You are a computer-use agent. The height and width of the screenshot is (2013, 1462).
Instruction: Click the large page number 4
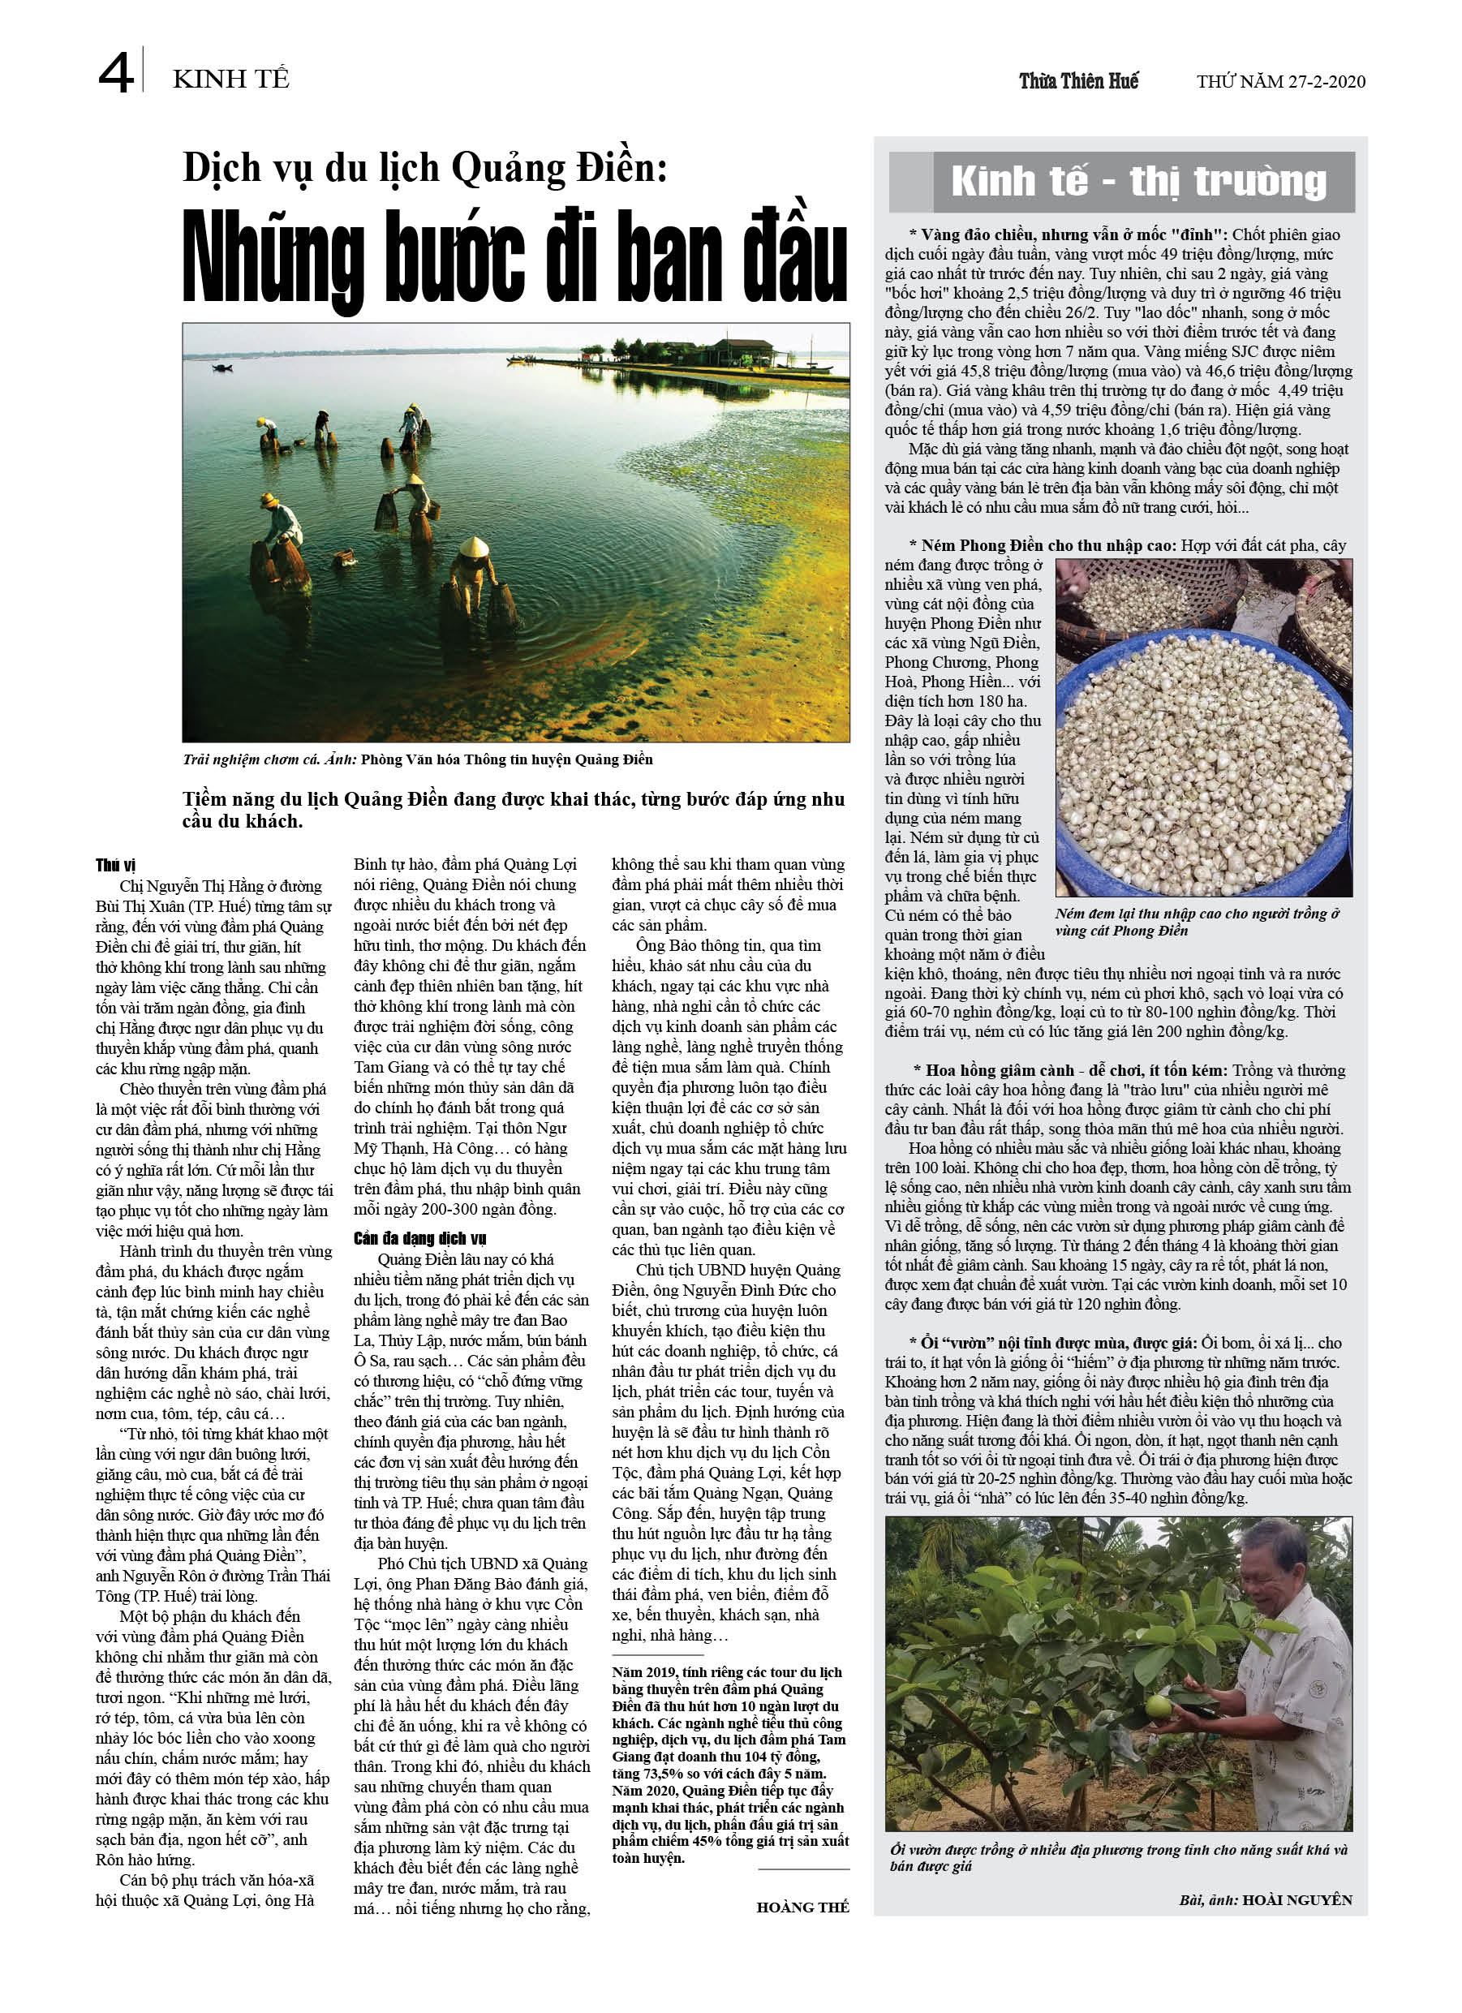pyautogui.click(x=115, y=73)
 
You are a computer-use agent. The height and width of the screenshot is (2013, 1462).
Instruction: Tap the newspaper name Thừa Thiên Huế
pyautogui.click(x=1077, y=82)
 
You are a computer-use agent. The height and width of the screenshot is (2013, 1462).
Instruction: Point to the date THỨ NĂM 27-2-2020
pyautogui.click(x=1280, y=82)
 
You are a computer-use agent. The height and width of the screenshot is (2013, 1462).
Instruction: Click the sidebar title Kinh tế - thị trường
pyautogui.click(x=1138, y=182)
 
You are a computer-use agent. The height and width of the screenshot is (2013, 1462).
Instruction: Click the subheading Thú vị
pyautogui.click(x=115, y=866)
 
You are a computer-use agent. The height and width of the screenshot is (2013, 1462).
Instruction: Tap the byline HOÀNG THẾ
pyautogui.click(x=802, y=1908)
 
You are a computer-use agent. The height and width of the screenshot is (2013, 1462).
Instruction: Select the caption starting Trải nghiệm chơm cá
pyautogui.click(x=417, y=759)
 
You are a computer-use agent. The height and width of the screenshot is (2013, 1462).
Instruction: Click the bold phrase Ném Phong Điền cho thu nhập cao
pyautogui.click(x=1048, y=545)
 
